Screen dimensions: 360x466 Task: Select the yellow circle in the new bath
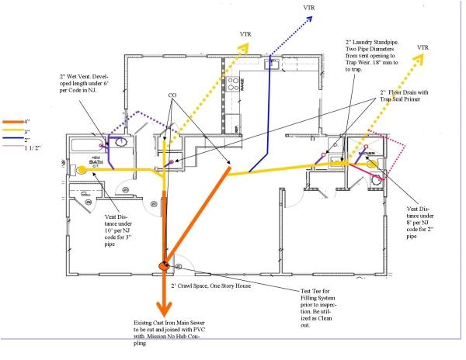point(80,168)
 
